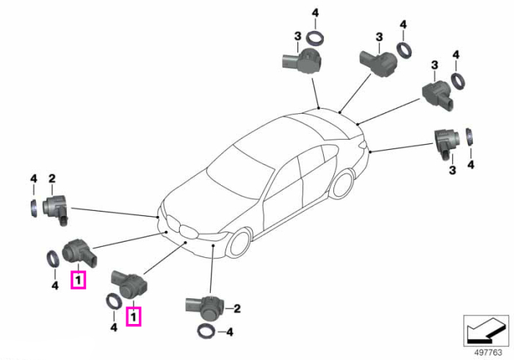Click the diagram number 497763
pos(488,353)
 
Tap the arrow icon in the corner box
pos(485,331)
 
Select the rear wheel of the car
pos(343,184)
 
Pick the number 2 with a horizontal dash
pos(237,309)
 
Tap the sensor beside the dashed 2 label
pos(205,308)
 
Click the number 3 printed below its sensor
pos(452,170)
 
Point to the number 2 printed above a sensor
pos(52,179)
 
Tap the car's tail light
pos(362,143)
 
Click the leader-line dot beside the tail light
pos(370,152)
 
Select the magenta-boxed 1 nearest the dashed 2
pos(134,317)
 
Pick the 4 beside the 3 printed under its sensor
pos(471,164)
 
